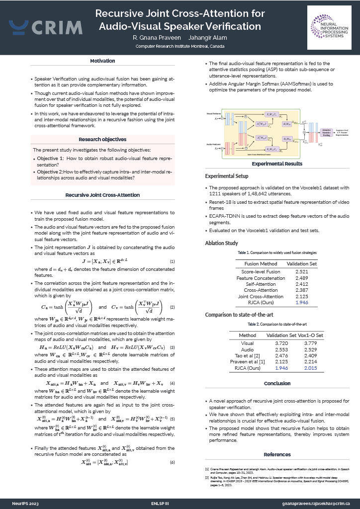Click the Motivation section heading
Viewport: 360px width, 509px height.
click(x=103, y=61)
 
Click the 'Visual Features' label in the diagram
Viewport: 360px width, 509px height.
click(x=213, y=114)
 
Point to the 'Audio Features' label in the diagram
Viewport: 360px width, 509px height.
click(x=213, y=144)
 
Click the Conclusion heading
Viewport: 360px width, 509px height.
click(x=277, y=383)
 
